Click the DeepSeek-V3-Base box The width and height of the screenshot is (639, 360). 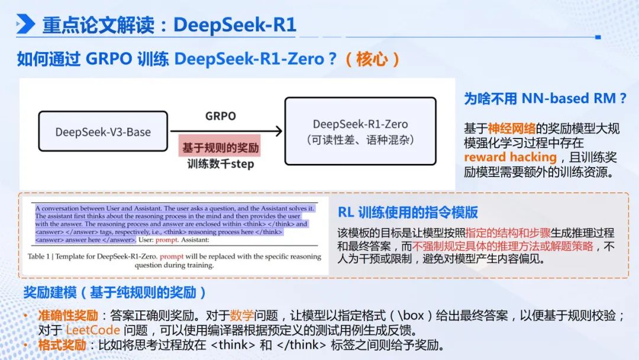[103, 131]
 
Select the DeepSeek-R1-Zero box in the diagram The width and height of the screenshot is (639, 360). [360, 131]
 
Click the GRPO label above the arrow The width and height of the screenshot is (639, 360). [220, 116]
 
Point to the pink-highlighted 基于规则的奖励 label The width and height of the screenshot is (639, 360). [220, 147]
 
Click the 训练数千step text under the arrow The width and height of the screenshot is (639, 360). [220, 164]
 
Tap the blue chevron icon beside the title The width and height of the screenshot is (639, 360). [25, 24]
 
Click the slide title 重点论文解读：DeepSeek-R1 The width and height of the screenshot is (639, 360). [169, 25]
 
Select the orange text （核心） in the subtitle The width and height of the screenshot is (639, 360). [373, 59]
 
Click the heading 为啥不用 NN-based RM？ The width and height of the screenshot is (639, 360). [545, 98]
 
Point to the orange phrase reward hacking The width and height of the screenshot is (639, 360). [510, 157]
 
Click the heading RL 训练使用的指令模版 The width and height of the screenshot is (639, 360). [408, 212]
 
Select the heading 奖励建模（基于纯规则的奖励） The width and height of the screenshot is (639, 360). [115, 292]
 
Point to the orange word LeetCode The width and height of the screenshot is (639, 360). [93, 330]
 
